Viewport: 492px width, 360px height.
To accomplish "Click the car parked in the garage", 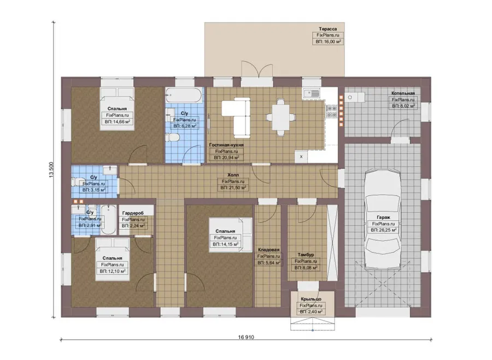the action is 383,219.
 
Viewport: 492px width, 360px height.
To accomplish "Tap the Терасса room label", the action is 328,29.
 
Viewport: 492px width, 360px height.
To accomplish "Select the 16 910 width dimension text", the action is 246,337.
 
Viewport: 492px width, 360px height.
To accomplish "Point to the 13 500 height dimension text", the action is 51,170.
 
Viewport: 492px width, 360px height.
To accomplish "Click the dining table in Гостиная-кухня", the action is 280,117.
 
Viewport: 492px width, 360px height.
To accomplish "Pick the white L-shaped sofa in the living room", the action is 236,117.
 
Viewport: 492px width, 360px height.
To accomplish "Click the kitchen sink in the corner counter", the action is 311,93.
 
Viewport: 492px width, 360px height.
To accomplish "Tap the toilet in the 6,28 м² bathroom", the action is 172,137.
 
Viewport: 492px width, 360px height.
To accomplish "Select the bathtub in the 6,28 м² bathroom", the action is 184,95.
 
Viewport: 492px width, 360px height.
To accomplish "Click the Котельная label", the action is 403,93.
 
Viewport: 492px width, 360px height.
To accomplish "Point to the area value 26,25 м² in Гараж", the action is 383,230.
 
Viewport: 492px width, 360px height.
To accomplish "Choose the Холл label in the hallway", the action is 233,175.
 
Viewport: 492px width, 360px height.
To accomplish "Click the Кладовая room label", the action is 268,250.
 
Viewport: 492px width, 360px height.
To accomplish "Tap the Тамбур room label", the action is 306,255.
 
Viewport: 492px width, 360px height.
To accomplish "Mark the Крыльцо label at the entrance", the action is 311,299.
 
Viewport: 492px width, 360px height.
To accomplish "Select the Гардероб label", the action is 133,213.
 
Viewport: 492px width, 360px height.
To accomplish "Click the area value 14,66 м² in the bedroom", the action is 118,122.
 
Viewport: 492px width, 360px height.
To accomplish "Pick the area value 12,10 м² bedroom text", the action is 113,272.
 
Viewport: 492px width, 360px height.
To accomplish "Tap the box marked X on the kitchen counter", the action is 301,156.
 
